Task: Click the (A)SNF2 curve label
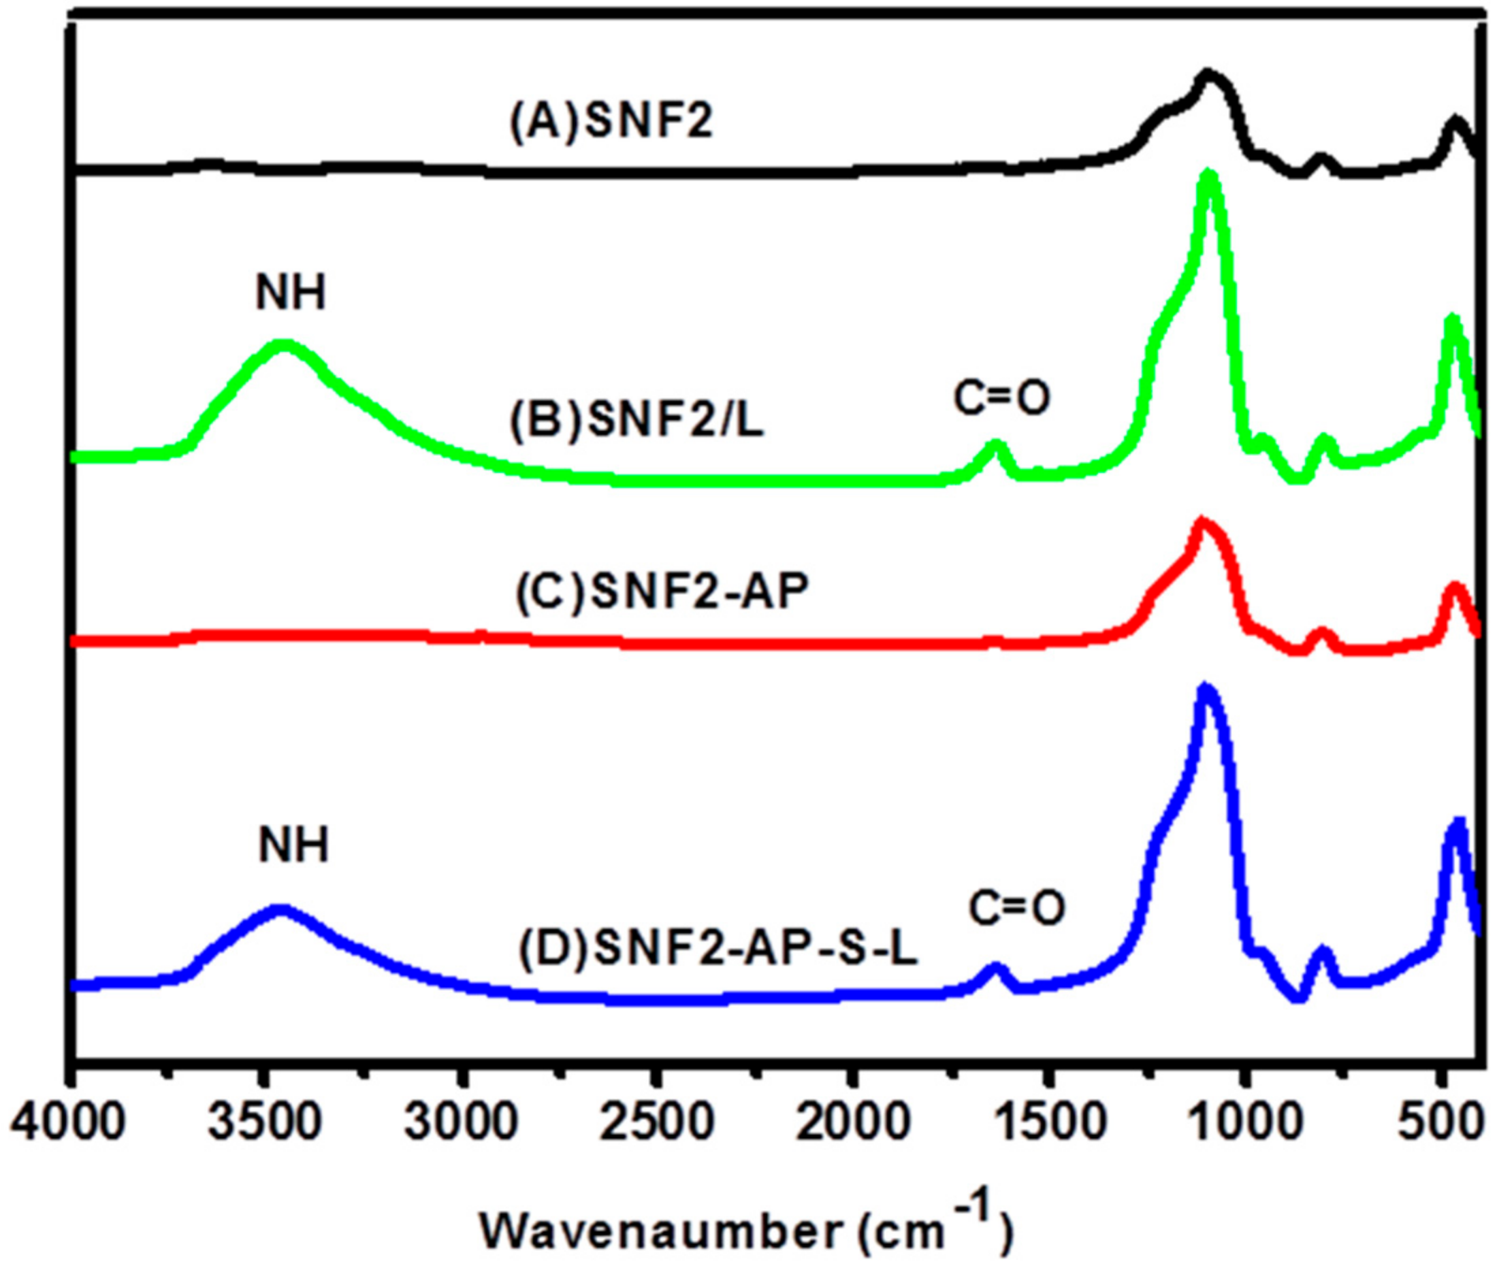(612, 121)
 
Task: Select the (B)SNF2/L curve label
(637, 421)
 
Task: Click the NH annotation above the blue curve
(294, 845)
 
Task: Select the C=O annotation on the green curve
(1002, 399)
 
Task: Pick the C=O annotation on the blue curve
(1016, 909)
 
